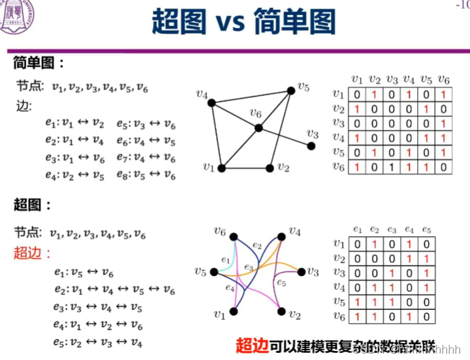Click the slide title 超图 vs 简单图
[x=243, y=22]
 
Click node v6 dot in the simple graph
[x=258, y=128]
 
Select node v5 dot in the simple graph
[x=291, y=91]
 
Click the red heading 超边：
[x=33, y=253]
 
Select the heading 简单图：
[x=39, y=63]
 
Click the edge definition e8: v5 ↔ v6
[x=146, y=174]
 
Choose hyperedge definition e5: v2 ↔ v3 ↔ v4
[x=98, y=341]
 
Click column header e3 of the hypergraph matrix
[x=392, y=230]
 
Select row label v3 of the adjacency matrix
[x=337, y=123]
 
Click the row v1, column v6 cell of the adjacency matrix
[x=443, y=95]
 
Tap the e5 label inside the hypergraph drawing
[x=281, y=282]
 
